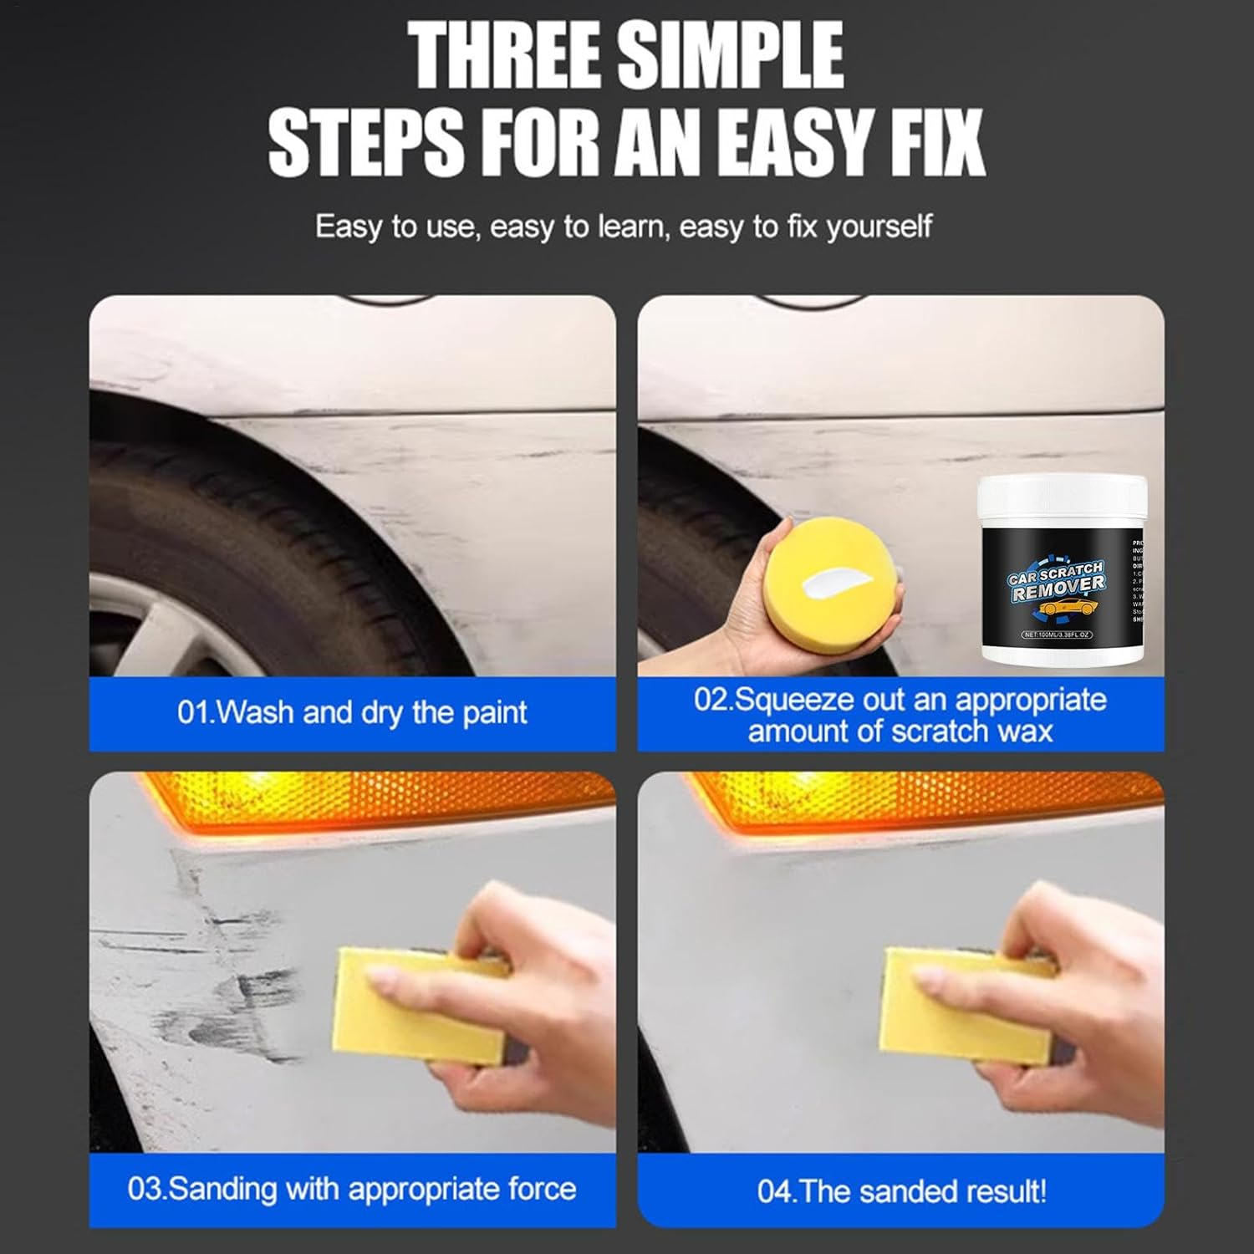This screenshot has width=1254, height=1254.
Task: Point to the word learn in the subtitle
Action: [x=631, y=227]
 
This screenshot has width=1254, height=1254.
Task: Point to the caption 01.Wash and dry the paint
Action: [x=352, y=713]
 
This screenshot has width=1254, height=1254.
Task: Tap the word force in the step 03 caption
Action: [x=542, y=1189]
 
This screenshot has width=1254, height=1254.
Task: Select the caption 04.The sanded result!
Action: [x=901, y=1190]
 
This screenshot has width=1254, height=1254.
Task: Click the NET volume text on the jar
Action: [x=1057, y=635]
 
